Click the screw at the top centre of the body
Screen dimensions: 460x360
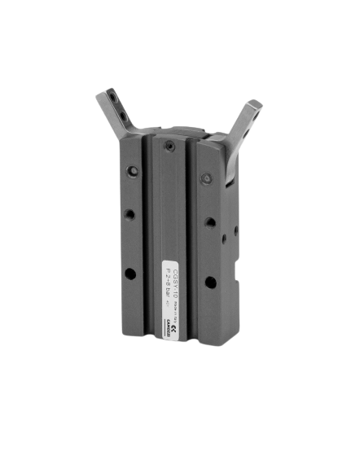click(x=168, y=146)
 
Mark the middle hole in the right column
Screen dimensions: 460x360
click(x=210, y=221)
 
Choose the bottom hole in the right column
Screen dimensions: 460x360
click(x=210, y=282)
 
